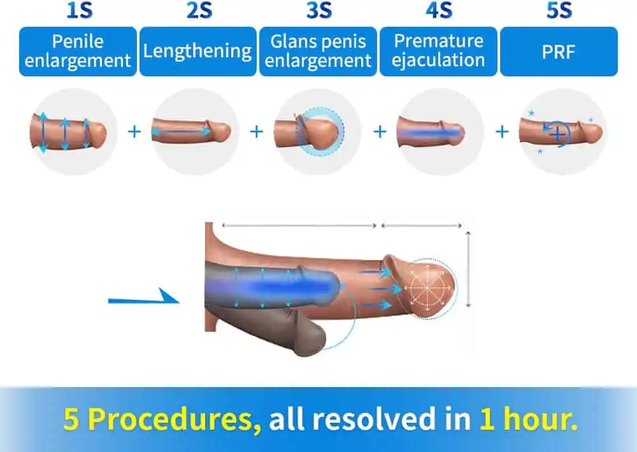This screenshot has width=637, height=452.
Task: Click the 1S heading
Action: point(80,11)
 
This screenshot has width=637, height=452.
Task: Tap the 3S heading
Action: point(319,11)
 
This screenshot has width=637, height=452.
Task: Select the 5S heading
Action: point(559,11)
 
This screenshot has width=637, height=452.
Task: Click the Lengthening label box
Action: point(198,52)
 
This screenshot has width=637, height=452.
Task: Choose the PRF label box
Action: point(559,52)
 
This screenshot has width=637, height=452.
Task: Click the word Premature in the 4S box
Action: point(439,41)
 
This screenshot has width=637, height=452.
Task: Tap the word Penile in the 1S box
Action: point(78,41)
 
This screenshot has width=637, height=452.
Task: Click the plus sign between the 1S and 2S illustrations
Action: point(134,132)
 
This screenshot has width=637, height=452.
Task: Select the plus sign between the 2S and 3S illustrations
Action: point(256,132)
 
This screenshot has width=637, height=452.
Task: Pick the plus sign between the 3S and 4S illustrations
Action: point(380,132)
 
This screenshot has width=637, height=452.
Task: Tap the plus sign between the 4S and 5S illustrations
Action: point(502,132)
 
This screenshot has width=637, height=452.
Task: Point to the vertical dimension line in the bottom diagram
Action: point(468,269)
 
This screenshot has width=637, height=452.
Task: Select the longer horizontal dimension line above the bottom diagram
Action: point(299,225)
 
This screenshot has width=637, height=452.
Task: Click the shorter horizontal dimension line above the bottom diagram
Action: point(422,225)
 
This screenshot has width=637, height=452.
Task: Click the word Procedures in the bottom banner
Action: point(175,419)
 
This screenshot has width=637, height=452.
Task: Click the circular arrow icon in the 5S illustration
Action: point(557,133)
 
